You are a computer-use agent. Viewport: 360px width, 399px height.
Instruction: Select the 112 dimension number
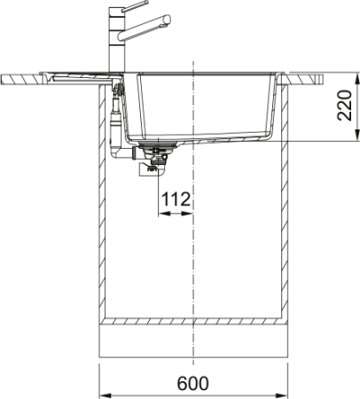click(x=176, y=200)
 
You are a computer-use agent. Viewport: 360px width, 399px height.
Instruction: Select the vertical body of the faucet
click(x=115, y=49)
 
